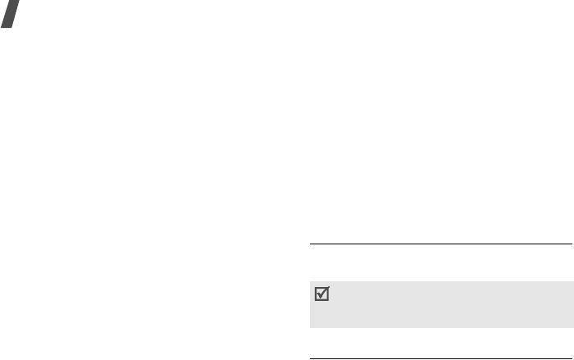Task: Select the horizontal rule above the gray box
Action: pos(440,244)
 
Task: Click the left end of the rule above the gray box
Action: pos(310,244)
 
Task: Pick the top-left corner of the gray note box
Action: pos(310,282)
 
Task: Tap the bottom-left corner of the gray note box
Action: pos(310,326)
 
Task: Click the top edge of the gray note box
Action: pos(440,282)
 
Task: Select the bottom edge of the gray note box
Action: pos(440,326)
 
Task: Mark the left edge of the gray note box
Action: pos(310,304)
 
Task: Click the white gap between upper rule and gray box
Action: pos(440,262)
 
